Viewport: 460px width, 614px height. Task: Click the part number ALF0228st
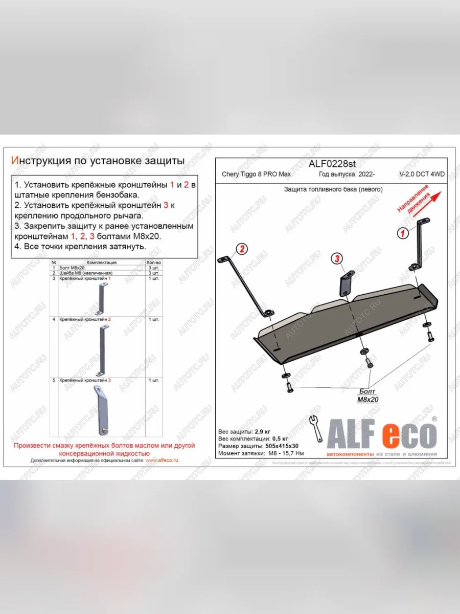(x=332, y=164)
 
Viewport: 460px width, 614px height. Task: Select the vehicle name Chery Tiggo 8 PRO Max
(x=256, y=174)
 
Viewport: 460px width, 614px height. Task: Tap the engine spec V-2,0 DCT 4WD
(x=422, y=174)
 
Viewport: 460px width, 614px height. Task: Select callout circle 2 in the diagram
(x=241, y=249)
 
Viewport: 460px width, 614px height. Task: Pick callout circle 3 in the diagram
(x=337, y=259)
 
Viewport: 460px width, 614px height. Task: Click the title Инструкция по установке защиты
(x=98, y=161)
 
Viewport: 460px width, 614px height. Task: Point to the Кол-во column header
(x=153, y=262)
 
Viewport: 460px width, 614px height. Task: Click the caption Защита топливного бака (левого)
(x=333, y=189)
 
